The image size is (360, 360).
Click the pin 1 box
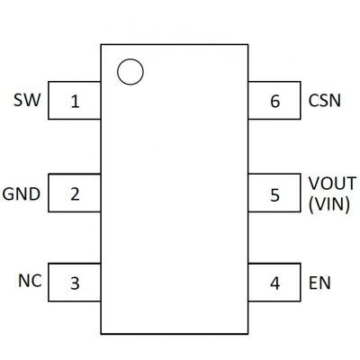(x=73, y=101)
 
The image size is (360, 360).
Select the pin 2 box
(x=73, y=193)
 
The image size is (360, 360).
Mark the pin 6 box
(x=275, y=101)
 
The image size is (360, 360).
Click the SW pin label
(x=26, y=100)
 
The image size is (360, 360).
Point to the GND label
(x=21, y=193)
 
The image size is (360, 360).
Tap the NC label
(x=29, y=280)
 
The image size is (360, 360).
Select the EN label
(x=319, y=283)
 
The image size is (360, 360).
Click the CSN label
(x=324, y=101)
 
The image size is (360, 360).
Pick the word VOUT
(x=332, y=184)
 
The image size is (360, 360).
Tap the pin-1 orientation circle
(x=130, y=72)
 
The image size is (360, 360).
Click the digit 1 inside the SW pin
(x=74, y=102)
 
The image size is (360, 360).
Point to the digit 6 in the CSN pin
(x=274, y=102)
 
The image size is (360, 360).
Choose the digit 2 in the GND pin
(x=74, y=193)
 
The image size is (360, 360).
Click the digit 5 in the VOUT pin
(x=274, y=193)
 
